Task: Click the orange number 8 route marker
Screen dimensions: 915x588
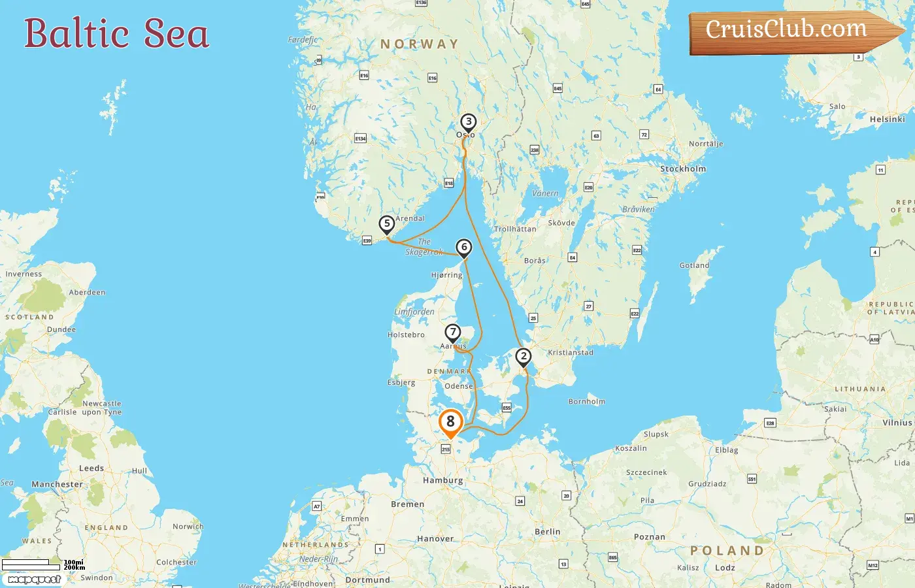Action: tap(450, 422)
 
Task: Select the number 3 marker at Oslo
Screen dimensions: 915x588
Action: tap(468, 122)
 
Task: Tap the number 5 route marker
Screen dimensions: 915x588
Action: tap(387, 224)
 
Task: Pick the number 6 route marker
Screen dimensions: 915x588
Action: tap(463, 247)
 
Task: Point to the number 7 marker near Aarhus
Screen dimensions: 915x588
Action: tap(452, 333)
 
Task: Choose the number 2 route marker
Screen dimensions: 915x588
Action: tap(523, 357)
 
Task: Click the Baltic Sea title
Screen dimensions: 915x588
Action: tap(116, 34)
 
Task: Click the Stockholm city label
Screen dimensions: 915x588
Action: tap(683, 169)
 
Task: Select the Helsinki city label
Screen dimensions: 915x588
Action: tap(887, 119)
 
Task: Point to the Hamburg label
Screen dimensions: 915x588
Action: tap(442, 480)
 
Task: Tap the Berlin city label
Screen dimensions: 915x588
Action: tap(547, 532)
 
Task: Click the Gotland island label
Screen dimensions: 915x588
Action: tap(694, 265)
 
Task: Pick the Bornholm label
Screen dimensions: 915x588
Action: tap(586, 402)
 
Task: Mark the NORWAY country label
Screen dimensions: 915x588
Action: tap(420, 44)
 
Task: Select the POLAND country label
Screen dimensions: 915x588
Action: tap(727, 551)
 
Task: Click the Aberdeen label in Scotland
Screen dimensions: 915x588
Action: tap(87, 293)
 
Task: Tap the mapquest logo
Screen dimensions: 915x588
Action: tap(34, 580)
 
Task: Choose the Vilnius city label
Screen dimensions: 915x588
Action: tap(897, 423)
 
